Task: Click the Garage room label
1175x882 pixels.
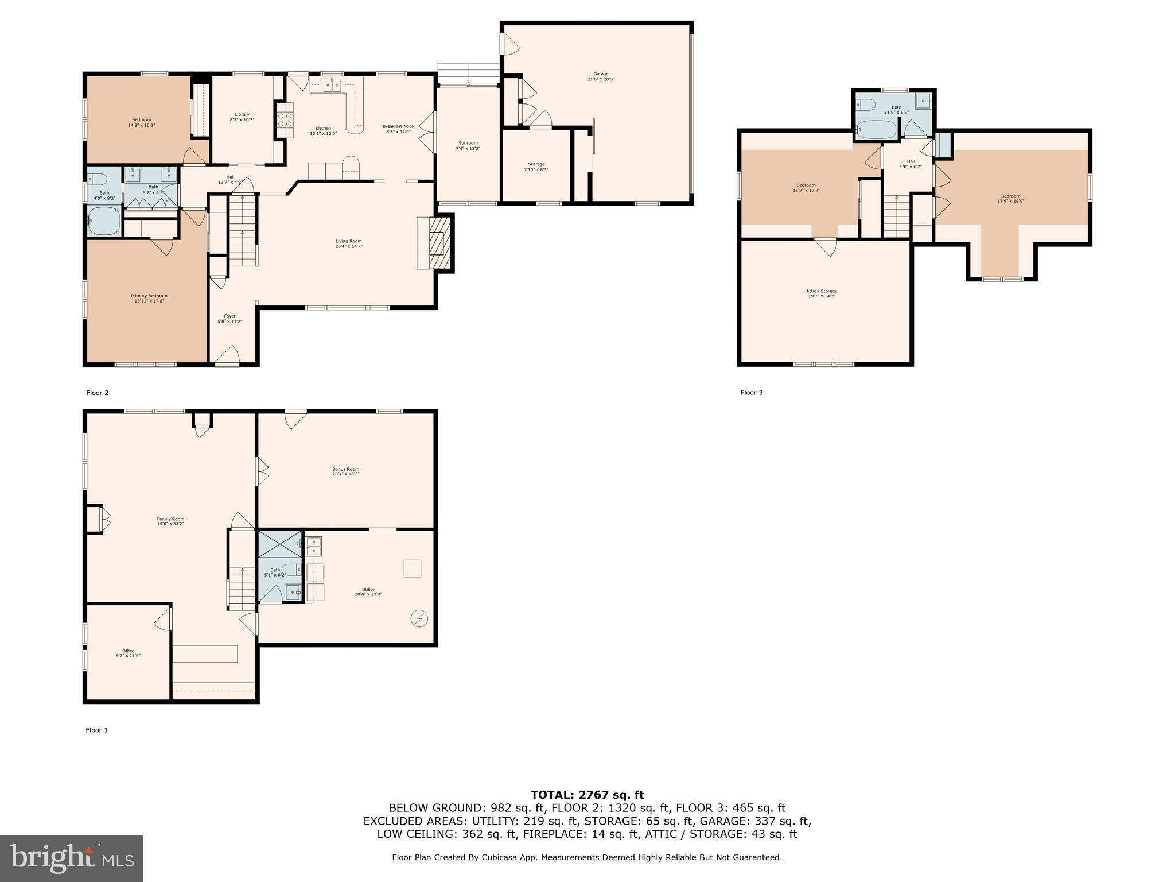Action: click(x=601, y=76)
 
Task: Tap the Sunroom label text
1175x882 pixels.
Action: click(x=468, y=146)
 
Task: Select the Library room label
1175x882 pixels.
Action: click(x=242, y=117)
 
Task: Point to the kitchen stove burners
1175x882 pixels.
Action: click(x=285, y=119)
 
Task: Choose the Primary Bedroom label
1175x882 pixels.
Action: click(x=149, y=298)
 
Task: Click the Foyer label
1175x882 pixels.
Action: click(x=229, y=319)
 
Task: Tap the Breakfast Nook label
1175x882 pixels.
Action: click(x=398, y=129)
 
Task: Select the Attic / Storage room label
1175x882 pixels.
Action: click(x=821, y=293)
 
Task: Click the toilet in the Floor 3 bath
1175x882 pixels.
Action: click(x=866, y=105)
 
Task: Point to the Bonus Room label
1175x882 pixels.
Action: click(x=346, y=471)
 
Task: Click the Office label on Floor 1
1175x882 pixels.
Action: click(x=128, y=653)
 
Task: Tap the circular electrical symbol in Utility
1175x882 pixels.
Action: click(x=419, y=618)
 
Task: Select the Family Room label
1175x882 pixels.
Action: click(x=170, y=521)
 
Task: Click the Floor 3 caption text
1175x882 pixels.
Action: click(x=751, y=393)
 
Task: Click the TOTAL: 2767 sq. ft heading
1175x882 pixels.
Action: click(x=587, y=795)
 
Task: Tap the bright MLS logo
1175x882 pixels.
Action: click(x=71, y=858)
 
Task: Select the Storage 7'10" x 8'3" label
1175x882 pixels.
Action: click(x=536, y=167)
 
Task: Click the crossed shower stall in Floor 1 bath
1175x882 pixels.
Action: click(x=279, y=544)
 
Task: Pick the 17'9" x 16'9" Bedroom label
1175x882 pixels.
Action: click(x=1010, y=198)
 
